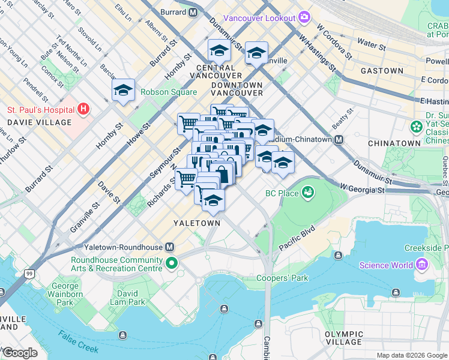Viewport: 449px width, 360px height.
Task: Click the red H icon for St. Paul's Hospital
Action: point(83,110)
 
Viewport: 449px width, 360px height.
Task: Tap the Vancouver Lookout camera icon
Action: point(304,17)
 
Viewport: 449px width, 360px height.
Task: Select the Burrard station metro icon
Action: point(193,11)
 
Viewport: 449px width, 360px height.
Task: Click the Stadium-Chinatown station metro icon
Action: point(339,139)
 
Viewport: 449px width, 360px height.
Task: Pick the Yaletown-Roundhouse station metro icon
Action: point(170,247)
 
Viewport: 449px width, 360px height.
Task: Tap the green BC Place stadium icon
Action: point(308,193)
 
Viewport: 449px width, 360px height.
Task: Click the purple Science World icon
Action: point(421,265)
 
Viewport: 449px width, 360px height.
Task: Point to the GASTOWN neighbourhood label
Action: point(382,71)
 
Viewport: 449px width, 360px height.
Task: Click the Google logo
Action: point(19,353)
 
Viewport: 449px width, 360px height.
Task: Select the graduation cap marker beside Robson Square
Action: point(123,91)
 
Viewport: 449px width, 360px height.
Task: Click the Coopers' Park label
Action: point(282,278)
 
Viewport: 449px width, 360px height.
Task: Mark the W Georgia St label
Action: point(364,190)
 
